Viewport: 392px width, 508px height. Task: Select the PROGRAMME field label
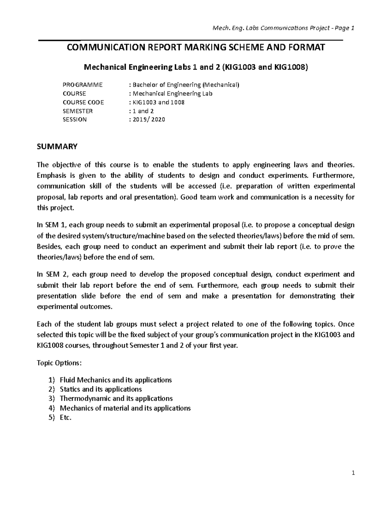(82, 85)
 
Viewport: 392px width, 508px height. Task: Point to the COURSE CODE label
(83, 102)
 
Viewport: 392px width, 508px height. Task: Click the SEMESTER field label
(77, 111)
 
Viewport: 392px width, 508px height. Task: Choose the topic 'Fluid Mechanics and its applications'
(116, 380)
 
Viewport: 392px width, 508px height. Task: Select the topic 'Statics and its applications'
(101, 389)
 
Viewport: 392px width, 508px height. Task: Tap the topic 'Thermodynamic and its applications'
(116, 398)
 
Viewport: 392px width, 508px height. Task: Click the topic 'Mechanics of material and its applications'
(125, 408)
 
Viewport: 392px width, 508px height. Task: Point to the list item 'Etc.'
(65, 417)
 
